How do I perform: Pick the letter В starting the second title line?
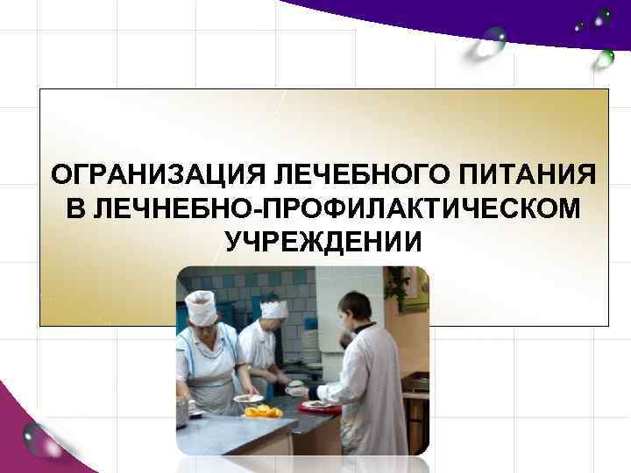pyautogui.click(x=75, y=208)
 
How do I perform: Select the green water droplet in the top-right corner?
pyautogui.click(x=604, y=59)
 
